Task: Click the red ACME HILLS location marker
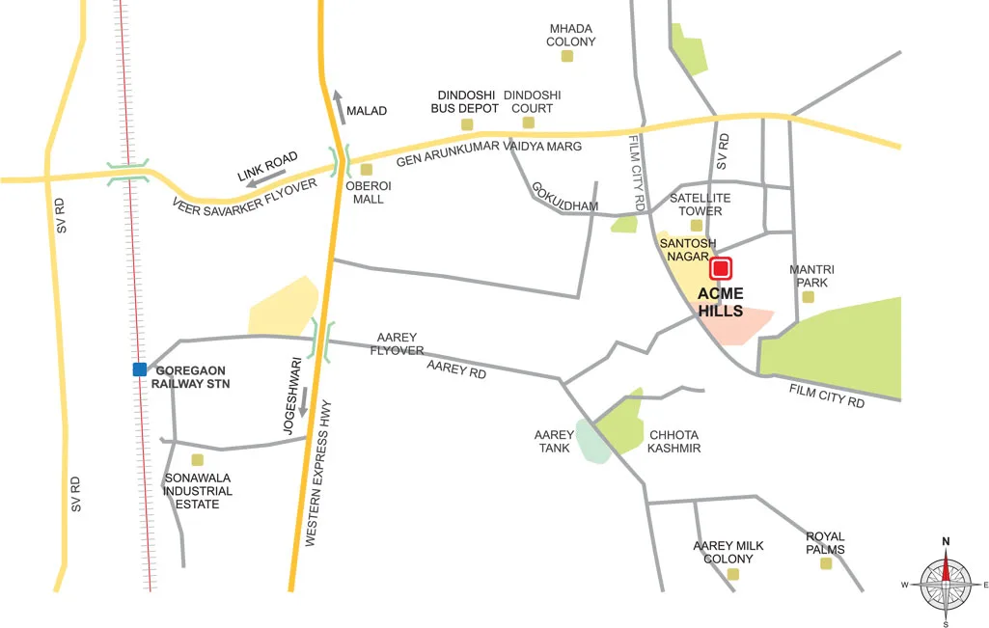pyautogui.click(x=721, y=268)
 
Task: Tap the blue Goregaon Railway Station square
pyautogui.click(x=140, y=369)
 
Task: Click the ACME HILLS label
pyautogui.click(x=721, y=302)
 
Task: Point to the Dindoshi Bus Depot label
pyautogui.click(x=467, y=101)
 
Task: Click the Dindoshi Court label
pyautogui.click(x=533, y=101)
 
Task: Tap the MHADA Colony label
pyautogui.click(x=571, y=36)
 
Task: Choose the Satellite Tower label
pyautogui.click(x=701, y=204)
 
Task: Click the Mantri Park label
pyautogui.click(x=811, y=276)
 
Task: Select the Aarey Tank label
pyautogui.click(x=554, y=441)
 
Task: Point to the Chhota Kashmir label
pyautogui.click(x=673, y=441)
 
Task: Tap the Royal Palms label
pyautogui.click(x=825, y=543)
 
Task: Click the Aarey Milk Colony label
pyautogui.click(x=728, y=552)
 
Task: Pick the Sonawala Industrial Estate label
pyautogui.click(x=198, y=491)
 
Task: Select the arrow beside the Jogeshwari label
pyautogui.click(x=303, y=402)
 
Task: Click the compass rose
pyautogui.click(x=946, y=584)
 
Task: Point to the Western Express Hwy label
pyautogui.click(x=324, y=487)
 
